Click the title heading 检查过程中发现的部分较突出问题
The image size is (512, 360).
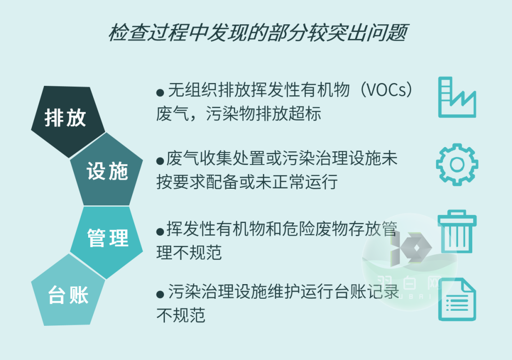tap(258, 34)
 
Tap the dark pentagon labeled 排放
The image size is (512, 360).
tap(66, 119)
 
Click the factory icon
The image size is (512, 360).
tap(456, 98)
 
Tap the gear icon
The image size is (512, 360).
tap(457, 164)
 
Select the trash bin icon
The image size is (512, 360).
tap(457, 232)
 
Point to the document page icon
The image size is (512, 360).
tap(457, 300)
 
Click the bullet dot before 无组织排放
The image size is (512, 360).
tap(160, 92)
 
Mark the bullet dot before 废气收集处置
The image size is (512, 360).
tap(160, 160)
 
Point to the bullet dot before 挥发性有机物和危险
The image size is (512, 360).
tap(160, 231)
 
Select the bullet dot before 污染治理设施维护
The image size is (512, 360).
tap(160, 295)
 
